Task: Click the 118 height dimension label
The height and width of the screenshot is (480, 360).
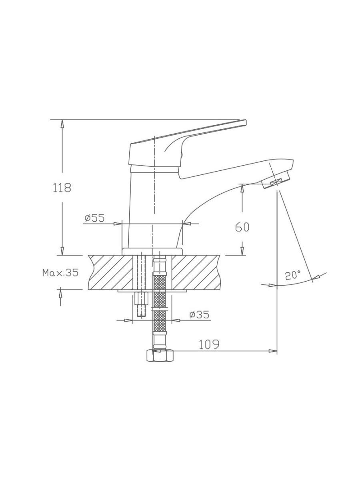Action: click(x=62, y=188)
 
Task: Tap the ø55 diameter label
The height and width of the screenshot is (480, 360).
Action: click(x=95, y=218)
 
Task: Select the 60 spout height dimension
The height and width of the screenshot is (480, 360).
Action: click(x=242, y=228)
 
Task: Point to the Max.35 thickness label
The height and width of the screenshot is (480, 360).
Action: click(x=60, y=273)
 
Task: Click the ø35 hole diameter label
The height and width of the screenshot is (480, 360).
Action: click(x=199, y=314)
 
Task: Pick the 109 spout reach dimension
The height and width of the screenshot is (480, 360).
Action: click(x=209, y=345)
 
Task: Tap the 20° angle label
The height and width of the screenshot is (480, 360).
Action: click(x=293, y=275)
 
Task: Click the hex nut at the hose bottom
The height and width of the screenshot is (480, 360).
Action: click(x=160, y=356)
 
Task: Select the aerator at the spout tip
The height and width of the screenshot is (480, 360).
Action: click(x=276, y=176)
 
